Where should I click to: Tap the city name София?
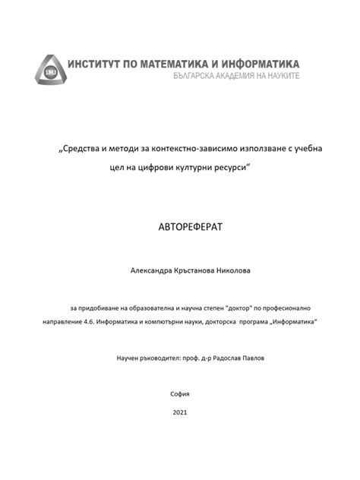pyautogui.click(x=180, y=393)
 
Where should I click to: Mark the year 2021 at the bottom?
pyautogui.click(x=180, y=413)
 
